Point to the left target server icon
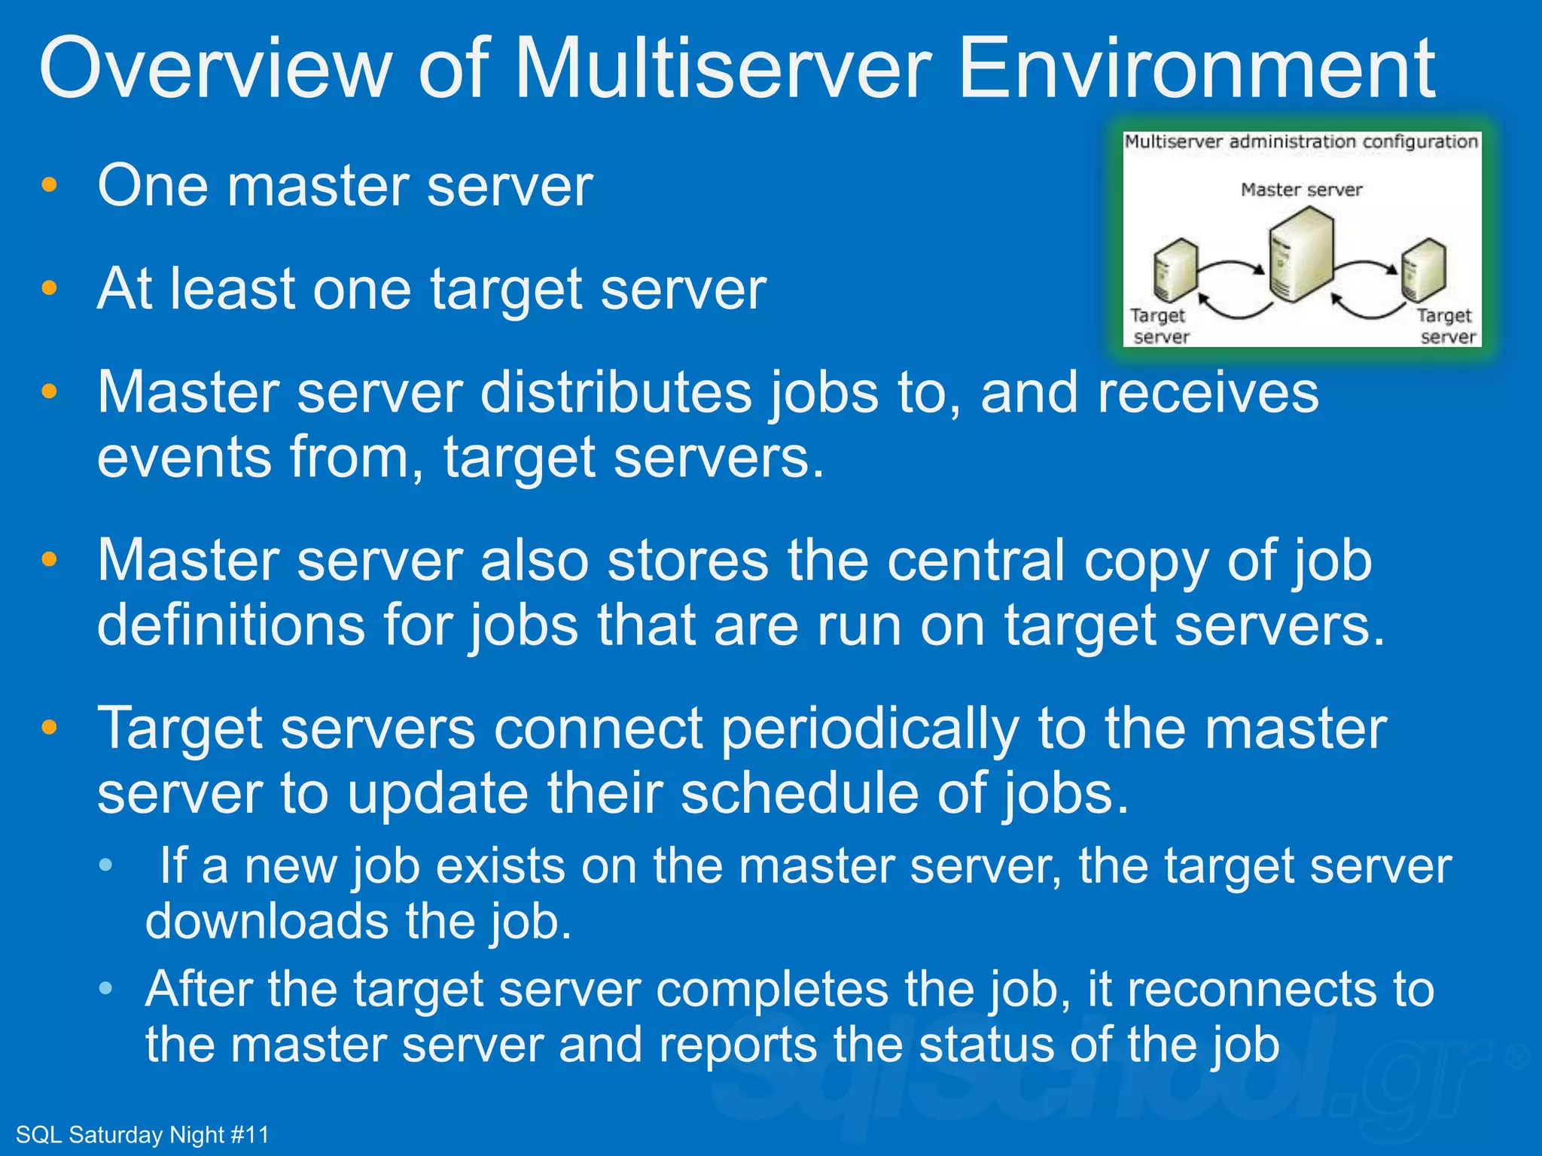point(1174,271)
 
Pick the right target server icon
point(1423,269)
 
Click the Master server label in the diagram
point(1301,190)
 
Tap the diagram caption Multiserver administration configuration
point(1301,141)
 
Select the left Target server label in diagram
point(1160,326)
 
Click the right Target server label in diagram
point(1446,326)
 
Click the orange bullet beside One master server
point(50,185)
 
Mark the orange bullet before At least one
point(50,288)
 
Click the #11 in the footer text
point(249,1135)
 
